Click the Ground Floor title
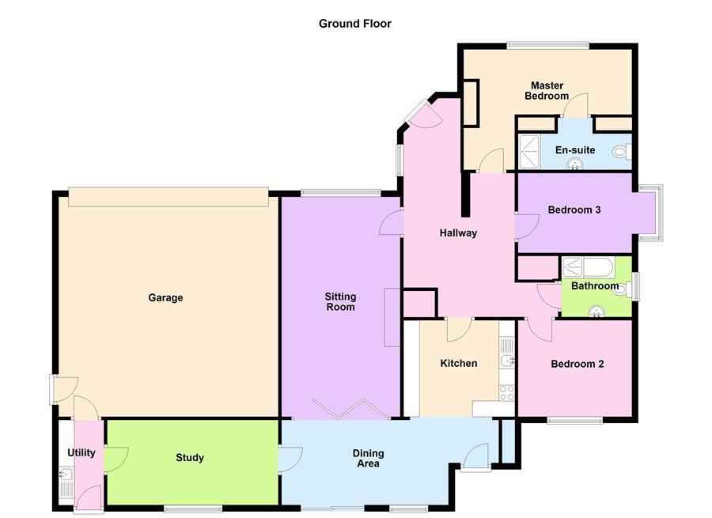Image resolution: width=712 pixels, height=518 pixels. pos(354,24)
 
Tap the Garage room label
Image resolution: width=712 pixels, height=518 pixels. pos(165,298)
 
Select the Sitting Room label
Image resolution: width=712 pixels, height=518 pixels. pos(340,302)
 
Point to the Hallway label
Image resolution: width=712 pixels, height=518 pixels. pos(458,233)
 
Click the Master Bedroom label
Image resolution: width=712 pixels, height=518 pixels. pos(547,91)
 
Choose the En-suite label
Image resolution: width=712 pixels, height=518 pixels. pos(575,149)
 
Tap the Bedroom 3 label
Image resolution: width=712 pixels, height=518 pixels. pos(574,210)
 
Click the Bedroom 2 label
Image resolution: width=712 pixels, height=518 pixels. pos(578,364)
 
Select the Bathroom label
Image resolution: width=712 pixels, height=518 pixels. pos(594,286)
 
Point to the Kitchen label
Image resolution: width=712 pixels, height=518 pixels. pos(459,363)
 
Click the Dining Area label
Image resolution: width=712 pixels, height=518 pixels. pos(368,459)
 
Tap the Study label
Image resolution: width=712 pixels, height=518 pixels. pos(190,458)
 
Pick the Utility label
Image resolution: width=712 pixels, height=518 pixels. pos(81,453)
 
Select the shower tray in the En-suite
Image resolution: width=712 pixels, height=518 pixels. pos(529,152)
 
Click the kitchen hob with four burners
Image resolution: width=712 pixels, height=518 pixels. pos(507,393)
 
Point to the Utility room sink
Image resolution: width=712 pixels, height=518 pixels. pos(66,475)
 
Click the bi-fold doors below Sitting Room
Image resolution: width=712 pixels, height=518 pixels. pos(350,409)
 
